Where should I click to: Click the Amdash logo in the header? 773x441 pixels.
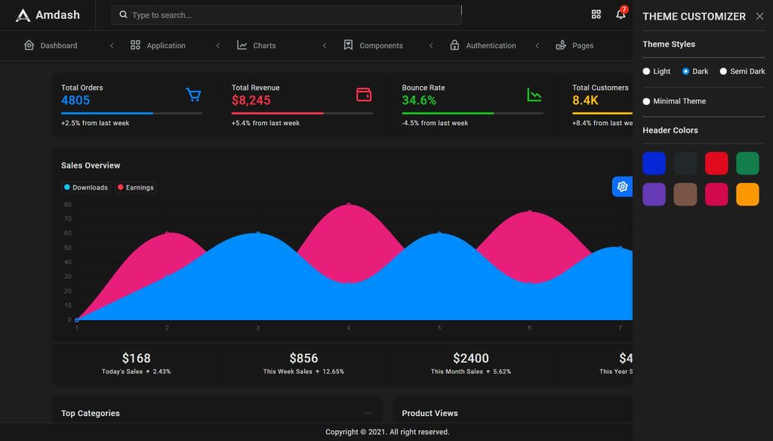(x=47, y=15)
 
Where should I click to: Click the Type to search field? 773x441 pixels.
(x=287, y=15)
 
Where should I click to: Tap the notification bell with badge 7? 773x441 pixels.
(x=621, y=14)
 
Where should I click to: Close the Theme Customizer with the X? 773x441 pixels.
(x=759, y=16)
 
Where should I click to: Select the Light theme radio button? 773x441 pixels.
(x=646, y=72)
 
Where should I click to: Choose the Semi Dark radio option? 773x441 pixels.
(x=723, y=72)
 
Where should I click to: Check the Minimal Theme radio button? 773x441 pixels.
(x=646, y=101)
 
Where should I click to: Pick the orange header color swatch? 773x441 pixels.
(x=747, y=194)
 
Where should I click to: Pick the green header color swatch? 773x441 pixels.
(x=747, y=163)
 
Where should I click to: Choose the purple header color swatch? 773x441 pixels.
(x=654, y=194)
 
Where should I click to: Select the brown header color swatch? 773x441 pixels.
(x=685, y=194)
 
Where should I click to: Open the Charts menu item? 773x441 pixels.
(x=257, y=45)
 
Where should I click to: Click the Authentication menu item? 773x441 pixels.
(x=483, y=45)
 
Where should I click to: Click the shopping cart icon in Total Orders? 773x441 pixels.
(x=193, y=94)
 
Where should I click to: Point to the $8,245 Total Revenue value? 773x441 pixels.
(x=251, y=100)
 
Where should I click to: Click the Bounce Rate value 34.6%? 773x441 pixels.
(x=419, y=100)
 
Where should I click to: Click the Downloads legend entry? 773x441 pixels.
(x=86, y=187)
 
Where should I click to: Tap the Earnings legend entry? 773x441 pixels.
(x=136, y=187)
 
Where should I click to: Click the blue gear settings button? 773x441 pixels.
(x=622, y=187)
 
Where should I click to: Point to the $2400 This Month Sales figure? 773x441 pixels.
(x=470, y=358)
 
